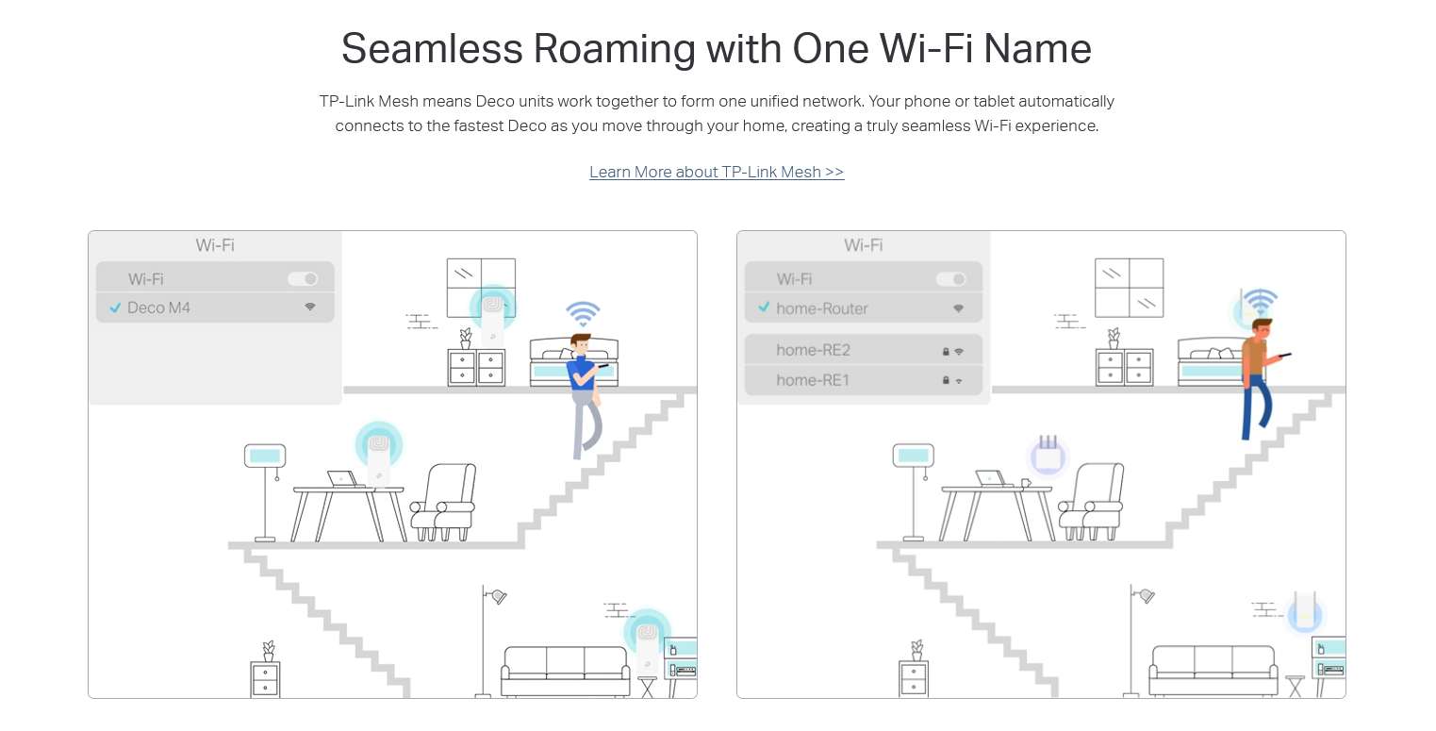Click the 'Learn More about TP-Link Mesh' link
pyautogui.click(x=717, y=172)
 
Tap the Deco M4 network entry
pyautogui.click(x=215, y=307)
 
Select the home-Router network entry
pyautogui.click(x=864, y=308)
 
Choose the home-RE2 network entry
pyautogui.click(x=864, y=350)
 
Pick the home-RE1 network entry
pyautogui.click(x=864, y=380)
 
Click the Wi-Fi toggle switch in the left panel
pyautogui.click(x=303, y=279)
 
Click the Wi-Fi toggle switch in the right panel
pyautogui.click(x=950, y=279)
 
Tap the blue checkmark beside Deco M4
pyautogui.click(x=115, y=307)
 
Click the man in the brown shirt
pyautogui.click(x=1259, y=379)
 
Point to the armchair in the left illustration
pyautogui.click(x=443, y=502)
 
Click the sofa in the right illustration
pyautogui.click(x=1213, y=671)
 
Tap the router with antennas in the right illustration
pyautogui.click(x=1048, y=455)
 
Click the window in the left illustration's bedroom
pyautogui.click(x=481, y=288)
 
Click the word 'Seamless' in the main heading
pyautogui.click(x=432, y=49)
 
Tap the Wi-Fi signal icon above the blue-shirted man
pyautogui.click(x=583, y=313)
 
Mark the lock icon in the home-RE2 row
pyautogui.click(x=946, y=352)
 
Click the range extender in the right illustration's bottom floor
pyautogui.click(x=1305, y=611)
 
